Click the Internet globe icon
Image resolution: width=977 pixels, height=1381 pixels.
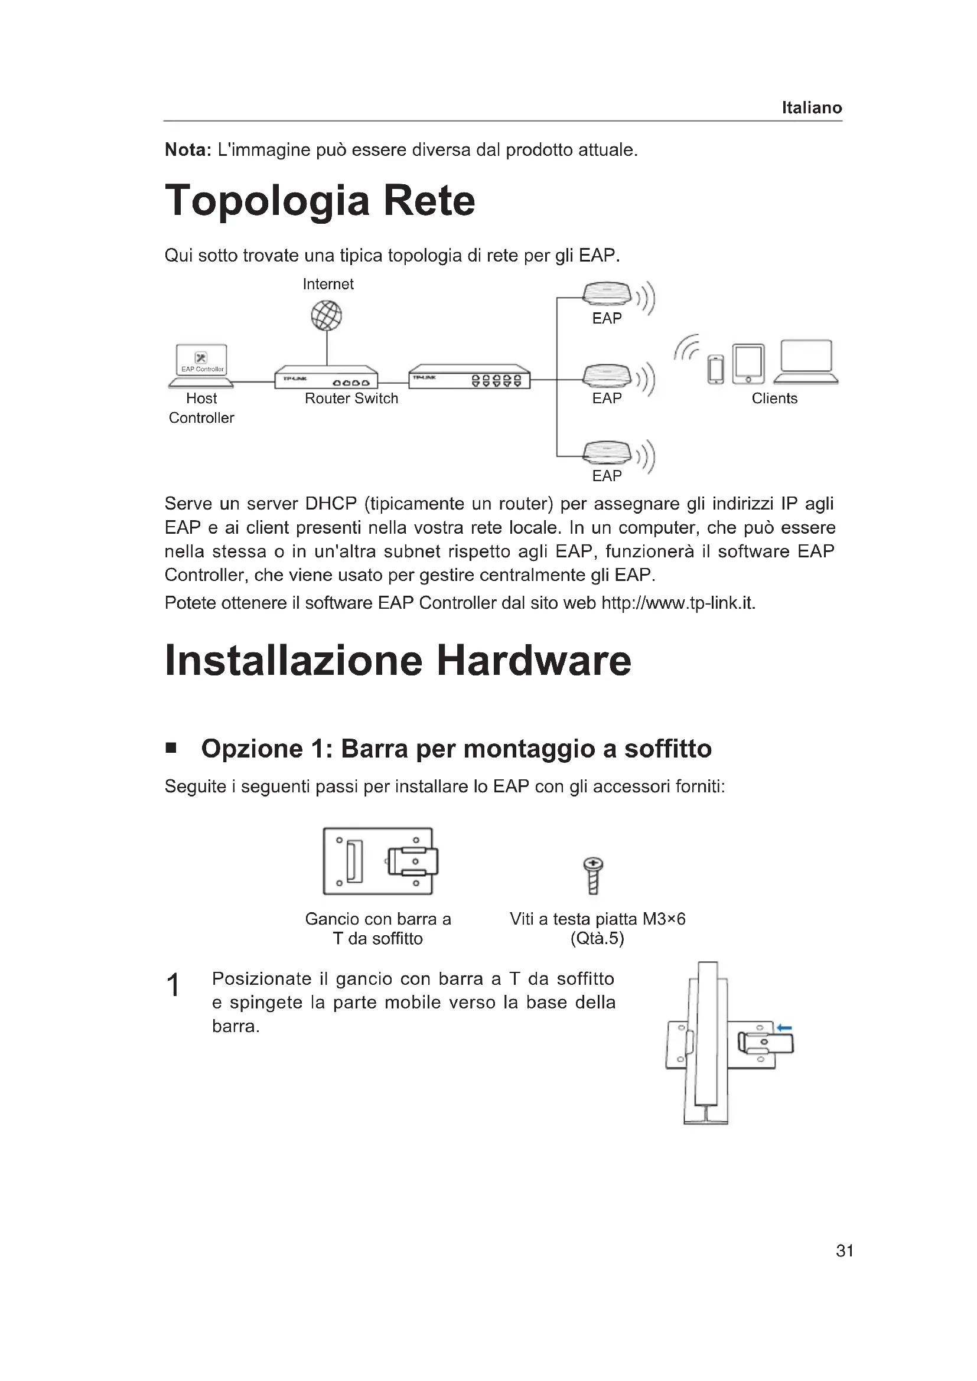(x=326, y=315)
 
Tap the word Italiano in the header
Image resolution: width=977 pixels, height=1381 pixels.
(x=812, y=107)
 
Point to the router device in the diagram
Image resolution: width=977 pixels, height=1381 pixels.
(x=326, y=377)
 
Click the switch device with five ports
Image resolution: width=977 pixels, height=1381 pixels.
(x=469, y=377)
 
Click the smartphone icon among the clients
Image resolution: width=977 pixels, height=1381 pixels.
(x=715, y=369)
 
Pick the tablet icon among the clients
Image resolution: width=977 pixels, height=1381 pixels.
(x=748, y=364)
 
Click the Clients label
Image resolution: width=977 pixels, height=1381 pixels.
(x=774, y=398)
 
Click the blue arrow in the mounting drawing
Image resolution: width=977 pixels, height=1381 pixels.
(x=784, y=1028)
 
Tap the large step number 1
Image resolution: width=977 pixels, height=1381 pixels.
(x=173, y=985)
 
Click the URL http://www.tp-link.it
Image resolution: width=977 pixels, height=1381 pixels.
(x=678, y=603)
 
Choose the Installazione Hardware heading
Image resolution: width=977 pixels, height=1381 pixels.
(x=398, y=661)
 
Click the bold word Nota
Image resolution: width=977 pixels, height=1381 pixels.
(x=188, y=150)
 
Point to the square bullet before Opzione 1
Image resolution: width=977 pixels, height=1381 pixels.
(x=171, y=748)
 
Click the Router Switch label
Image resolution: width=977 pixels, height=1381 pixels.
(x=351, y=398)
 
